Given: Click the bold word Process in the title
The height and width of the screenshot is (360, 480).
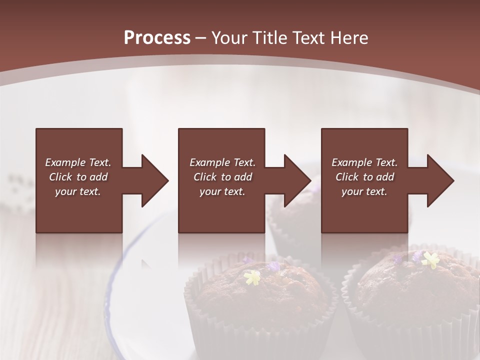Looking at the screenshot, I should click(x=157, y=38).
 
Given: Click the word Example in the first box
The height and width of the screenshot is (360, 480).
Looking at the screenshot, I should click(x=65, y=162).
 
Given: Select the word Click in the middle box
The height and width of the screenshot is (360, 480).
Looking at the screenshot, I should click(x=205, y=177).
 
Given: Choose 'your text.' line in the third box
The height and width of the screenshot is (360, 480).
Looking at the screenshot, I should click(x=364, y=191).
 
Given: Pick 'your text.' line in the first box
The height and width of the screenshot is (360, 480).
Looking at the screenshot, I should click(x=78, y=191).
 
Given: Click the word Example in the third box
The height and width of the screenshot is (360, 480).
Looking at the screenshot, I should click(x=351, y=162).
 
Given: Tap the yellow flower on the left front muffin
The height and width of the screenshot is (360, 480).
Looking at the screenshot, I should click(x=253, y=277).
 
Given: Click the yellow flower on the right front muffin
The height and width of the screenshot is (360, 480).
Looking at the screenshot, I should click(x=430, y=259).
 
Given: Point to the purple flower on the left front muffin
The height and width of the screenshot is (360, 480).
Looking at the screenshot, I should click(x=274, y=266).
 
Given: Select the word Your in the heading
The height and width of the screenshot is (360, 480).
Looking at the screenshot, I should click(x=228, y=38).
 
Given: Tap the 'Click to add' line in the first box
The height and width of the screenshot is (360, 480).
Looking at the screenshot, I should click(x=78, y=177).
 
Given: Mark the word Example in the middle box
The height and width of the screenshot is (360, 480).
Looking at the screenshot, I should click(x=209, y=162).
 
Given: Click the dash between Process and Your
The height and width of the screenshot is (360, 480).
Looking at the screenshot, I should click(x=201, y=38).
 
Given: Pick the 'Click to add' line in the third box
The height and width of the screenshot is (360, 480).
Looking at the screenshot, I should click(x=364, y=177).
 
